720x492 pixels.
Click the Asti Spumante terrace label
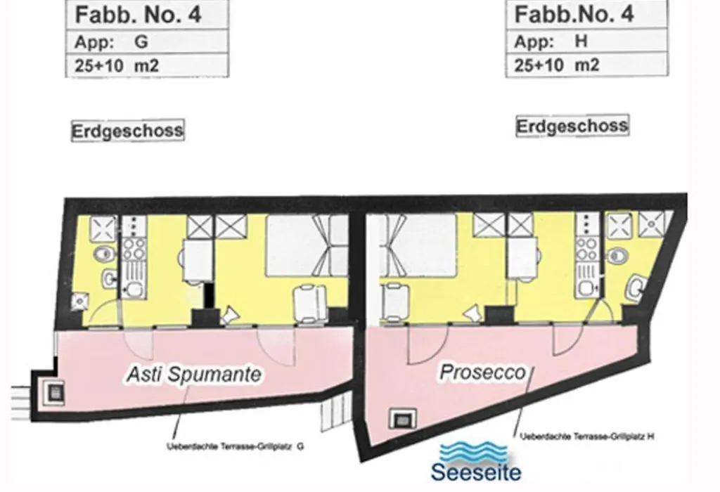194,374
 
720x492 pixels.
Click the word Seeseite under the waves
476,472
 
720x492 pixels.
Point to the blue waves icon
474,453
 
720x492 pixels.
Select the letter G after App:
141,41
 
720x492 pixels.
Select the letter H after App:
581,41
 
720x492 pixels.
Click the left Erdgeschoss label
128,131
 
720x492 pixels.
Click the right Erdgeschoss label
572,126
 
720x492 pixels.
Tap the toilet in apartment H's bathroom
617,256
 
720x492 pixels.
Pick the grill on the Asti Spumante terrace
56,393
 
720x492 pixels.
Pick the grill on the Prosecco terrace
403,419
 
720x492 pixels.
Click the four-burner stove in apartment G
134,249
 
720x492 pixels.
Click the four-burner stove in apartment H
587,248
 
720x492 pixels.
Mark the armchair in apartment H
395,302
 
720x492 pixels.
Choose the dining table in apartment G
198,261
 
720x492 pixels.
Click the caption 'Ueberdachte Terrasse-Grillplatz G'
235,446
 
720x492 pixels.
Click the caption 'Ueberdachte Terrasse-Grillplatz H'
587,436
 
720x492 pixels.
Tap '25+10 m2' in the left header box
117,66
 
